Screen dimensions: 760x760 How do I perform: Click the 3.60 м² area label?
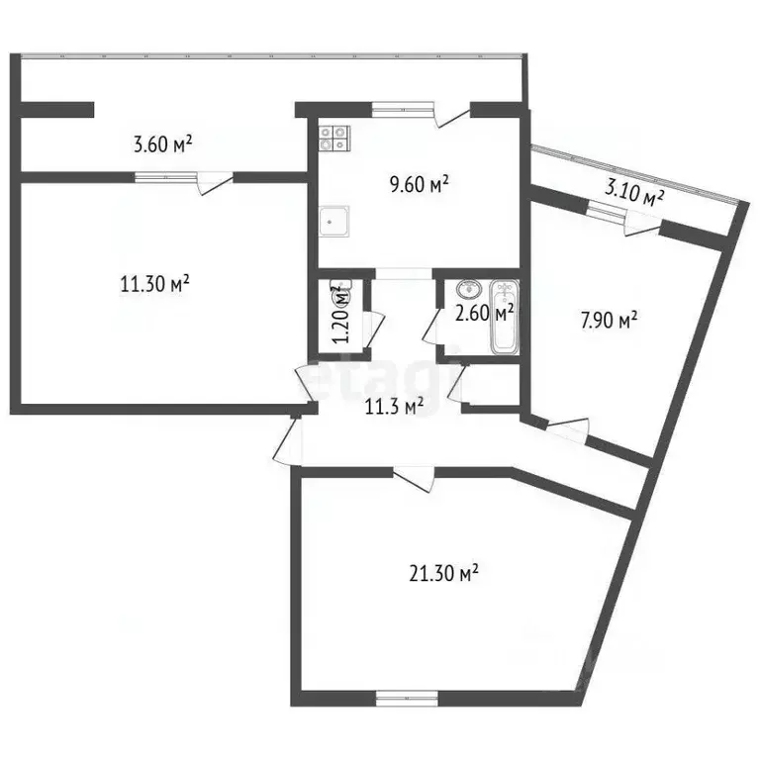click(x=162, y=145)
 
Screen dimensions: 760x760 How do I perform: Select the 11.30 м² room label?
click(x=154, y=285)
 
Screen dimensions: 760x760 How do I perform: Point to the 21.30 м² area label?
click(x=443, y=572)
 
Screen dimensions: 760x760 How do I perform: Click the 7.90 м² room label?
click(x=606, y=319)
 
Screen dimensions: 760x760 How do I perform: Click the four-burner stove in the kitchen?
click(x=333, y=137)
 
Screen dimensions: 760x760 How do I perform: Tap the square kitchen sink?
click(x=334, y=223)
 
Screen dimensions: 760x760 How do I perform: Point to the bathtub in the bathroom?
click(x=505, y=319)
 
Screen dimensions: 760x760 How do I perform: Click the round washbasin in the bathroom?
click(x=467, y=289)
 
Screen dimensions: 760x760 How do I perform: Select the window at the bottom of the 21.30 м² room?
click(x=406, y=699)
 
